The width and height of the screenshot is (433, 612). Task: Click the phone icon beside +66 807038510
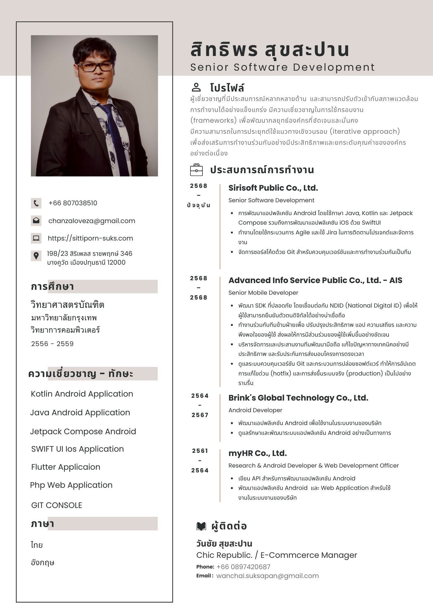[x=36, y=203]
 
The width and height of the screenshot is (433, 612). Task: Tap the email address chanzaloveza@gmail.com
[x=92, y=221]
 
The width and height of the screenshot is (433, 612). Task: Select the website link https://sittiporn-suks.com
[x=90, y=238]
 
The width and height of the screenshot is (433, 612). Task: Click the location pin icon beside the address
[x=36, y=256]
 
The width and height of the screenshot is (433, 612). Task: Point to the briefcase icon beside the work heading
[x=196, y=170]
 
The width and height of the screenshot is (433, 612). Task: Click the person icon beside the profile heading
[x=196, y=88]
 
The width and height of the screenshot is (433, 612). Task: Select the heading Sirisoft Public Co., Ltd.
[x=273, y=188]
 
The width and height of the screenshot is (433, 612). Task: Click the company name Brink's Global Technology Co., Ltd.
[x=298, y=398]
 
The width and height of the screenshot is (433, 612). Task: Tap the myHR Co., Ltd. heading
[x=258, y=453]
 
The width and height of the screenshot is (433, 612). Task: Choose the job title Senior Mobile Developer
[x=263, y=293]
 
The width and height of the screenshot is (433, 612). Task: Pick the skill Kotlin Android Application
[x=82, y=394]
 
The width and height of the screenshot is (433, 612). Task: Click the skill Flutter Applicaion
[x=66, y=467]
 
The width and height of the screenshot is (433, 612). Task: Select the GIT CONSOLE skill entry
[x=57, y=505]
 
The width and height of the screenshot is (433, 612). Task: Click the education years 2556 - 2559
[x=52, y=344]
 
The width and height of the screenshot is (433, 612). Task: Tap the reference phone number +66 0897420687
[x=243, y=567]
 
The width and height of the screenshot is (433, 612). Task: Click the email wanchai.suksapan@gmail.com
[x=267, y=576]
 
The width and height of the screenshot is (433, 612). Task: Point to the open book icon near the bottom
[x=201, y=526]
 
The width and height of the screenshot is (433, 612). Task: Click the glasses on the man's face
[x=96, y=67]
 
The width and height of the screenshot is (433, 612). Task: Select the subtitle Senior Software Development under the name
[x=282, y=67]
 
